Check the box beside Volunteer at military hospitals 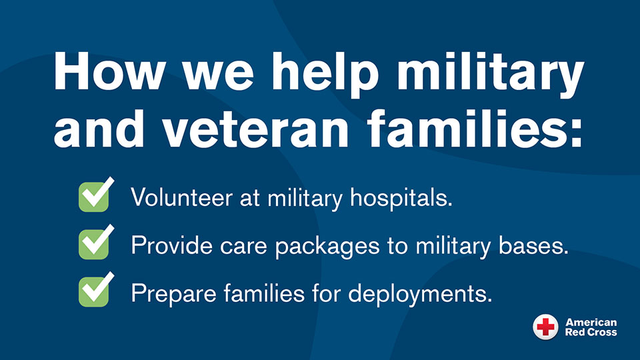point(96,195)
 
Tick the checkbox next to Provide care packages point(96,242)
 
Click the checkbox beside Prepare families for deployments point(96,289)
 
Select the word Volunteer point(181,197)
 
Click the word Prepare point(173,293)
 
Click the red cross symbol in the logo point(545,327)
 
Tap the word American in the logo point(591,323)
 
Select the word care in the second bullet point(243,247)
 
